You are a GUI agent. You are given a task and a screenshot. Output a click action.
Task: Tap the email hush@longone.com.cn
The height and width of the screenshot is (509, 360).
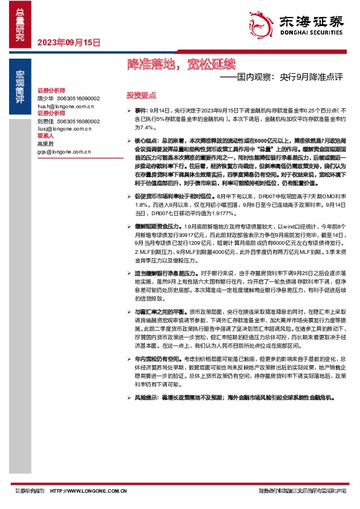[65, 106]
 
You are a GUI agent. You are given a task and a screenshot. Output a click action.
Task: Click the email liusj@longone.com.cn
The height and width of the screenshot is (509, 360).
[64, 128]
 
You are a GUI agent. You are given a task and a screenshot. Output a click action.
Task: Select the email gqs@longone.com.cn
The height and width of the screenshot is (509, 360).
[64, 151]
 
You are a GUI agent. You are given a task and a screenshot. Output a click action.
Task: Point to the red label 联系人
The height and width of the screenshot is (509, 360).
[46, 136]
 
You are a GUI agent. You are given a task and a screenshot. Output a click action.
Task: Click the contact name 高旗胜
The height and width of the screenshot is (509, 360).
[46, 144]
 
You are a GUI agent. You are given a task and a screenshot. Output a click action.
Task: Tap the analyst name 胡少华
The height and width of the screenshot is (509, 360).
[46, 98]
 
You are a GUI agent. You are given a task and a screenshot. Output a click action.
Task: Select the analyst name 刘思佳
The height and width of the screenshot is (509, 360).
[46, 121]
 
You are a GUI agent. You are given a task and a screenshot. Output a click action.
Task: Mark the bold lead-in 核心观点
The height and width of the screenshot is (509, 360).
[146, 139]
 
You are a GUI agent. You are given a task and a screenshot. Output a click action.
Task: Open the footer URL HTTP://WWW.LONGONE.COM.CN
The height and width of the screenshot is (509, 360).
[88, 491]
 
